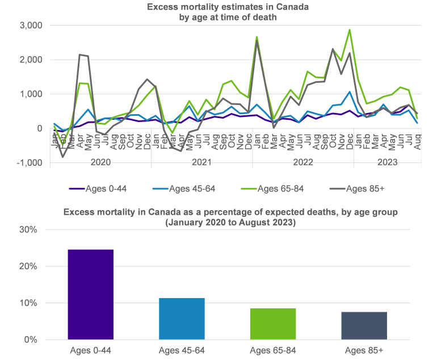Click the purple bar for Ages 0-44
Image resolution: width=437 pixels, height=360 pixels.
click(x=91, y=294)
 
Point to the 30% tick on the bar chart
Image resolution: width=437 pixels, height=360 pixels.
click(x=29, y=230)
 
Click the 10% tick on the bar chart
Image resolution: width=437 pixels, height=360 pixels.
click(x=29, y=303)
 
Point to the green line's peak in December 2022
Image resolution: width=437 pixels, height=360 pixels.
click(x=350, y=30)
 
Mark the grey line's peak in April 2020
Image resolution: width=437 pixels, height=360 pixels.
click(x=81, y=55)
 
